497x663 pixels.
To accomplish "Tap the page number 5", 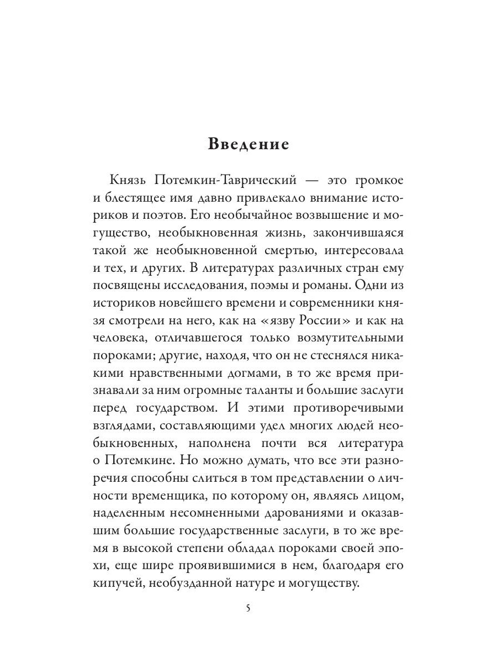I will pyautogui.click(x=248, y=608).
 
